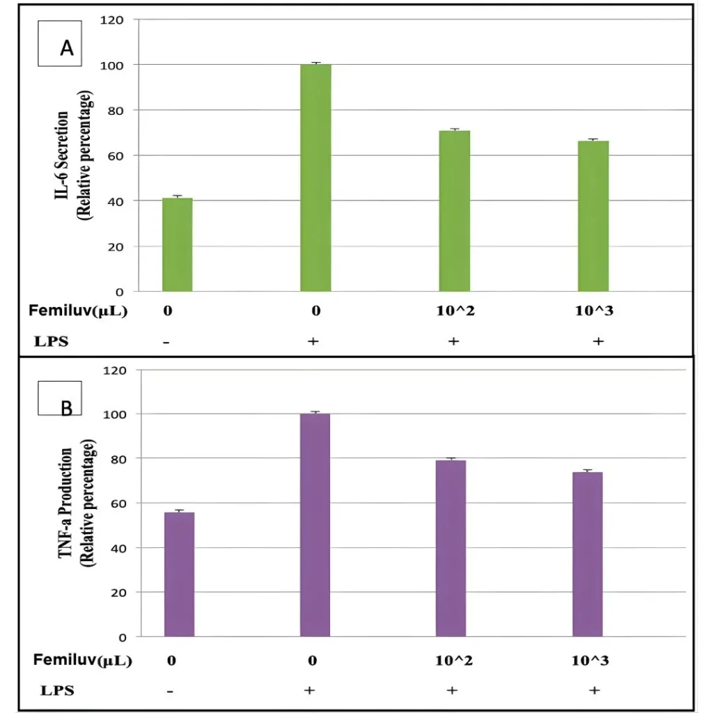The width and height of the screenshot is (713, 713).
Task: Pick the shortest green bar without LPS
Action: point(177,244)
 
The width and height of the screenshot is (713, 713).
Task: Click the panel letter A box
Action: point(67,47)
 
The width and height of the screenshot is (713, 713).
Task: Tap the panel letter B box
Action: point(67,403)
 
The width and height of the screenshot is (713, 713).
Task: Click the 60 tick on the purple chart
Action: point(118,503)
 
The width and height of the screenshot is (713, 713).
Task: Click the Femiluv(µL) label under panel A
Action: point(78,311)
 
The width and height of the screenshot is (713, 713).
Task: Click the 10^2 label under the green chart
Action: point(455,311)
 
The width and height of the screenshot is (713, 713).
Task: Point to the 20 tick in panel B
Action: point(118,593)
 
